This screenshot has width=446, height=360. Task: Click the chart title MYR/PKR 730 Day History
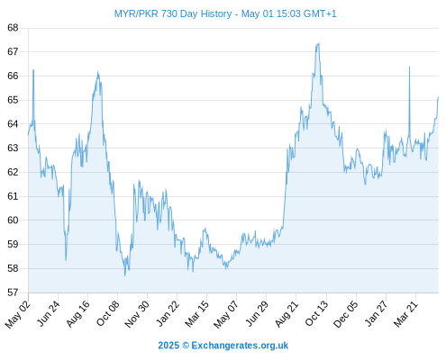tap(173, 13)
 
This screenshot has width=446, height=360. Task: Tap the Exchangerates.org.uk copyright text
tap(223, 346)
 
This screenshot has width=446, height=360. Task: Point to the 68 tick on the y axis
tap(13, 28)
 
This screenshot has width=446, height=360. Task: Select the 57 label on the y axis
tap(13, 292)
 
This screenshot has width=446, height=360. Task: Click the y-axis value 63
tap(13, 148)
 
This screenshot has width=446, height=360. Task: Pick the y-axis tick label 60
tap(13, 220)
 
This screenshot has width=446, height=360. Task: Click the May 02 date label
tap(18, 314)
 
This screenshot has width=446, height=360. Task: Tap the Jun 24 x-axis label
tap(49, 313)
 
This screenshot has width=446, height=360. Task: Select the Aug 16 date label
tap(78, 313)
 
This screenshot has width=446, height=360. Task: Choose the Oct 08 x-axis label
tap(108, 313)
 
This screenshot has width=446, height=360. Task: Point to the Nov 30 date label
tap(137, 314)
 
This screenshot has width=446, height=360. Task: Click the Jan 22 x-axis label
tap(168, 313)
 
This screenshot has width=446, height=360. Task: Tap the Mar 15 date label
tap(197, 314)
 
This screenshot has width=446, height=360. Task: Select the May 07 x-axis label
tap(226, 314)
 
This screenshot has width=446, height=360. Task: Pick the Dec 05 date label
tap(346, 314)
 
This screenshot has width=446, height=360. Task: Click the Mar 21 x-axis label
tap(406, 314)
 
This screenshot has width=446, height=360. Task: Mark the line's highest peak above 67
tap(319, 43)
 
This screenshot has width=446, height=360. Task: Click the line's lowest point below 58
tap(125, 275)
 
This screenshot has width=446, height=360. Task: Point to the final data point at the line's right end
tap(438, 97)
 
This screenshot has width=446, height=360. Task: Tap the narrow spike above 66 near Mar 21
tap(409, 67)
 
